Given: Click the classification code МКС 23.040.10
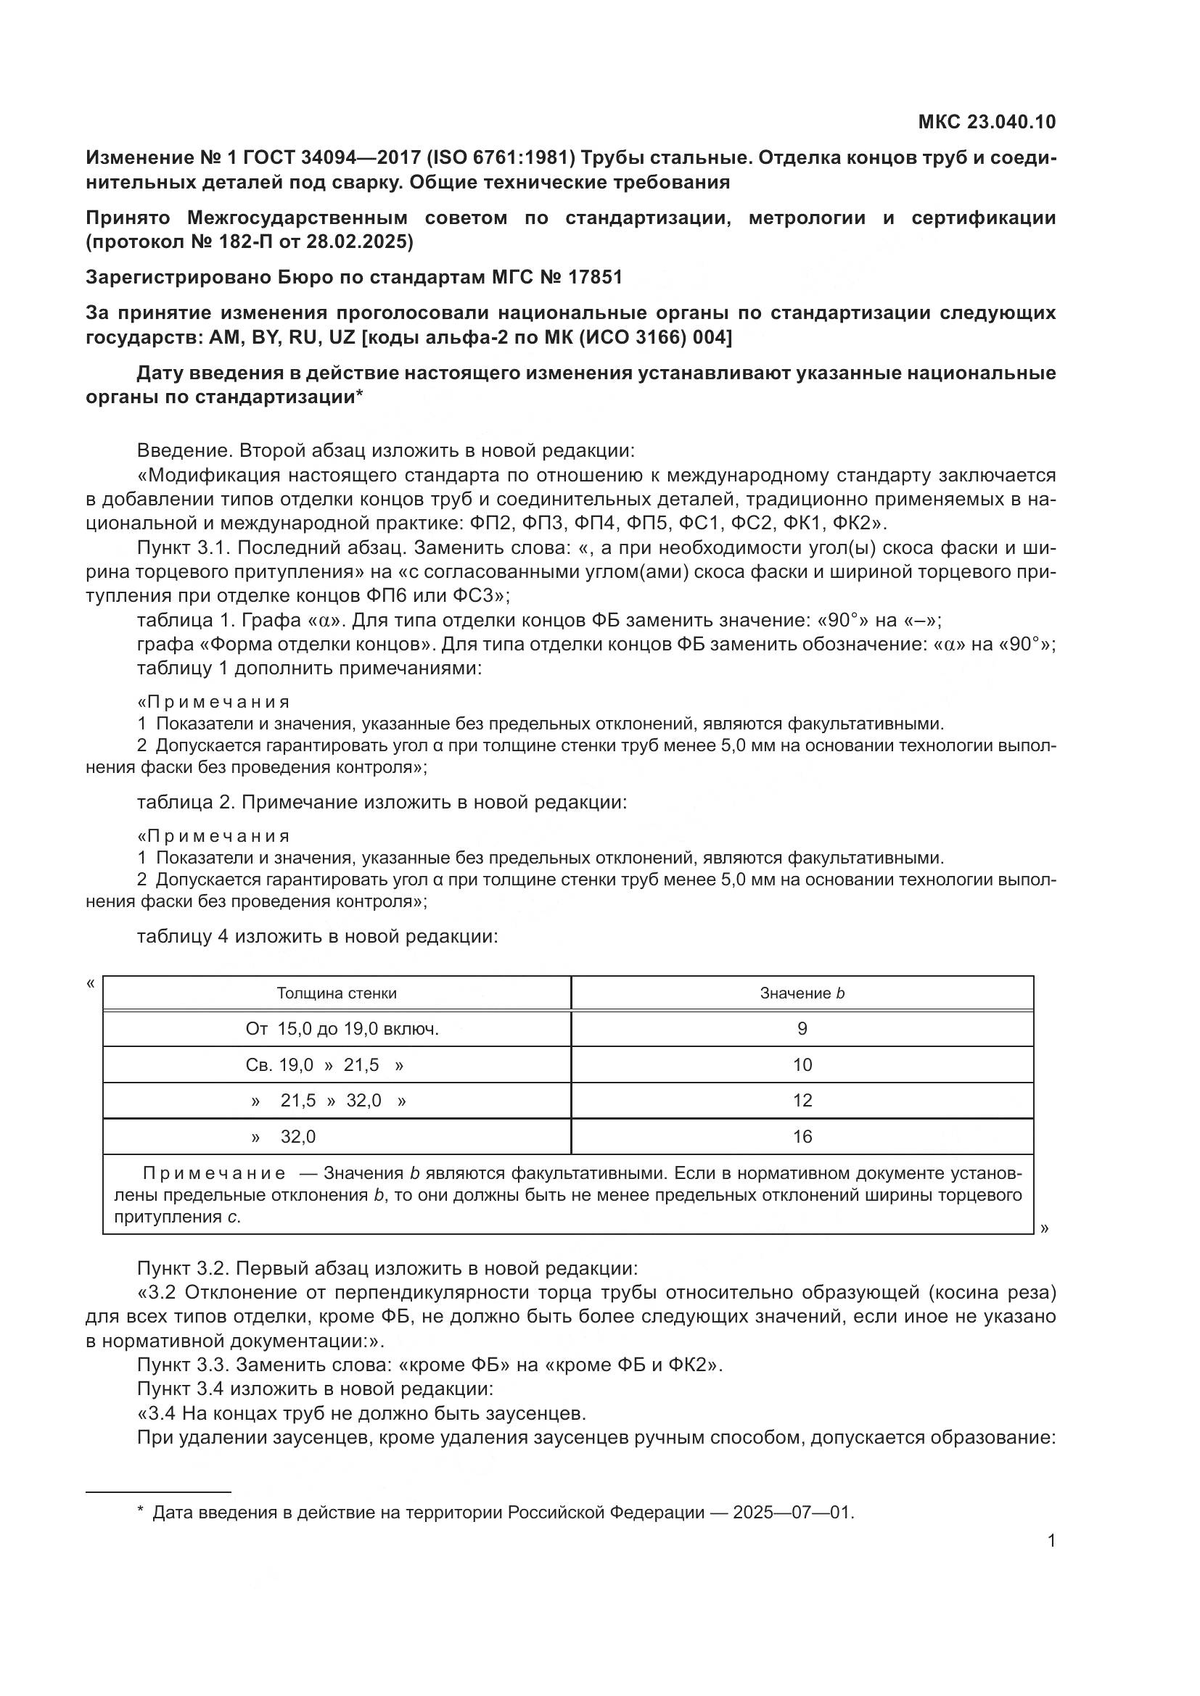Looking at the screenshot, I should tap(987, 122).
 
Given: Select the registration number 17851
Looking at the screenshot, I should tap(596, 277).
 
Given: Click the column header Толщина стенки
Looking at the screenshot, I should tap(336, 993).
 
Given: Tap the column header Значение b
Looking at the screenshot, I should tap(802, 993).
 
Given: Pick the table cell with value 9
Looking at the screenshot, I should tap(802, 1029).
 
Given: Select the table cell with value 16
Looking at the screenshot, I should tap(802, 1137).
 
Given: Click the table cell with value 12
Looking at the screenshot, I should tap(802, 1101).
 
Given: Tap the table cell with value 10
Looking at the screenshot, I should tap(802, 1065).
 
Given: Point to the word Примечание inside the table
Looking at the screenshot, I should tap(213, 1174).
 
